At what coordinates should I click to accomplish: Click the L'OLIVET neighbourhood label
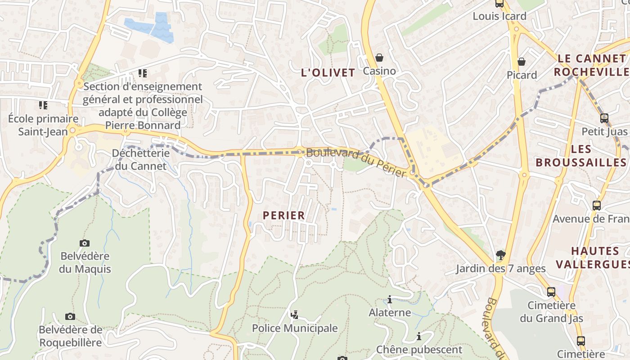point(328,72)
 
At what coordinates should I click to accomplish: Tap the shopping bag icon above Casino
point(379,58)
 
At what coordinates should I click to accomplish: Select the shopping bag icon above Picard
point(522,61)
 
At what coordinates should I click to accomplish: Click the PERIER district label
point(284,216)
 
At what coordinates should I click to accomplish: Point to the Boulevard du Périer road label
point(356,162)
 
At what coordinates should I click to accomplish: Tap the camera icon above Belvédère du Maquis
point(85,243)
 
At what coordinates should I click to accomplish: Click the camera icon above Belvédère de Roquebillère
point(70,316)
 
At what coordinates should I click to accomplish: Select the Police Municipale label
point(295,328)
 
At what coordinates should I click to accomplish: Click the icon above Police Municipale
point(295,315)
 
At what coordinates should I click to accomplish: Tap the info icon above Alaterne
point(390,299)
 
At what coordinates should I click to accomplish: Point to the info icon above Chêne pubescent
point(419,336)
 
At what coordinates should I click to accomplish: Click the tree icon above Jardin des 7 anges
point(500,255)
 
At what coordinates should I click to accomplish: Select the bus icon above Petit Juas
point(604,118)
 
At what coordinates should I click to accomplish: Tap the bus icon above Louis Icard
point(499,4)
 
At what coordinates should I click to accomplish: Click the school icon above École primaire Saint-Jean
point(43,105)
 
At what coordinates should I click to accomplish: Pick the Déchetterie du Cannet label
point(141,159)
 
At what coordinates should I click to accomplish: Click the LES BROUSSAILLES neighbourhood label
point(581,156)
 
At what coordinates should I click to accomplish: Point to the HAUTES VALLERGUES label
point(594,257)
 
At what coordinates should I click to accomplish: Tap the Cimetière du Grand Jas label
point(552,312)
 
